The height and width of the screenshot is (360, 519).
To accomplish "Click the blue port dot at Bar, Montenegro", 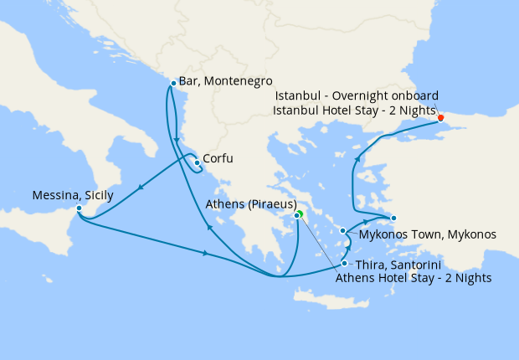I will point(172,83).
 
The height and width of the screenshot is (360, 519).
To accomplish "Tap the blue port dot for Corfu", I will point(197,162).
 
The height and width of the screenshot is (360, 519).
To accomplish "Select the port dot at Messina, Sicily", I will point(79,208).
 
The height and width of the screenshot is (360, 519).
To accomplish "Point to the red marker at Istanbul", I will point(441,117).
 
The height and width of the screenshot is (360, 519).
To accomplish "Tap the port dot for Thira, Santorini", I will point(344,263).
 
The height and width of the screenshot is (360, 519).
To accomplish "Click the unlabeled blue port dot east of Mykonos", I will point(393,218).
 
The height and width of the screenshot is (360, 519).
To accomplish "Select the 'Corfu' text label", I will point(218,158).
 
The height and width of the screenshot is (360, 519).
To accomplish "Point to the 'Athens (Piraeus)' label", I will point(254,203).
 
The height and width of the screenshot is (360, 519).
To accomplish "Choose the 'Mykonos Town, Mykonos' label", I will point(427,234).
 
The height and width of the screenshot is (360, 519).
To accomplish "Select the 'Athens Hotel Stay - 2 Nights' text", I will point(413,278).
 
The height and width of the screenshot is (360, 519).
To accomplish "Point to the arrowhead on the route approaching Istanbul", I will point(358,157).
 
